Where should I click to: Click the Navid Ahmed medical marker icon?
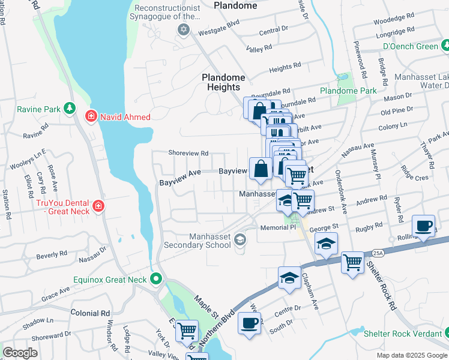pyautogui.click(x=91, y=115)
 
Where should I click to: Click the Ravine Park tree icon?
pyautogui.click(x=70, y=109)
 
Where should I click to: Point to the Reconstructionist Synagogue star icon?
pyautogui.click(x=184, y=29)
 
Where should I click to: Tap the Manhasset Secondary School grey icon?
pyautogui.click(x=240, y=239)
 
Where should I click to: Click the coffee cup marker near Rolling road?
pyautogui.click(x=424, y=227)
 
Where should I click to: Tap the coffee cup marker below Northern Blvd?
pyautogui.click(x=249, y=324)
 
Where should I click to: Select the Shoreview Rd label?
pyautogui.click(x=188, y=154)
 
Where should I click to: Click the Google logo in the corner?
pyautogui.click(x=20, y=353)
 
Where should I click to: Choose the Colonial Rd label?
pyautogui.click(x=90, y=313)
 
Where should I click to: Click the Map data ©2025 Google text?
pyautogui.click(x=411, y=355)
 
